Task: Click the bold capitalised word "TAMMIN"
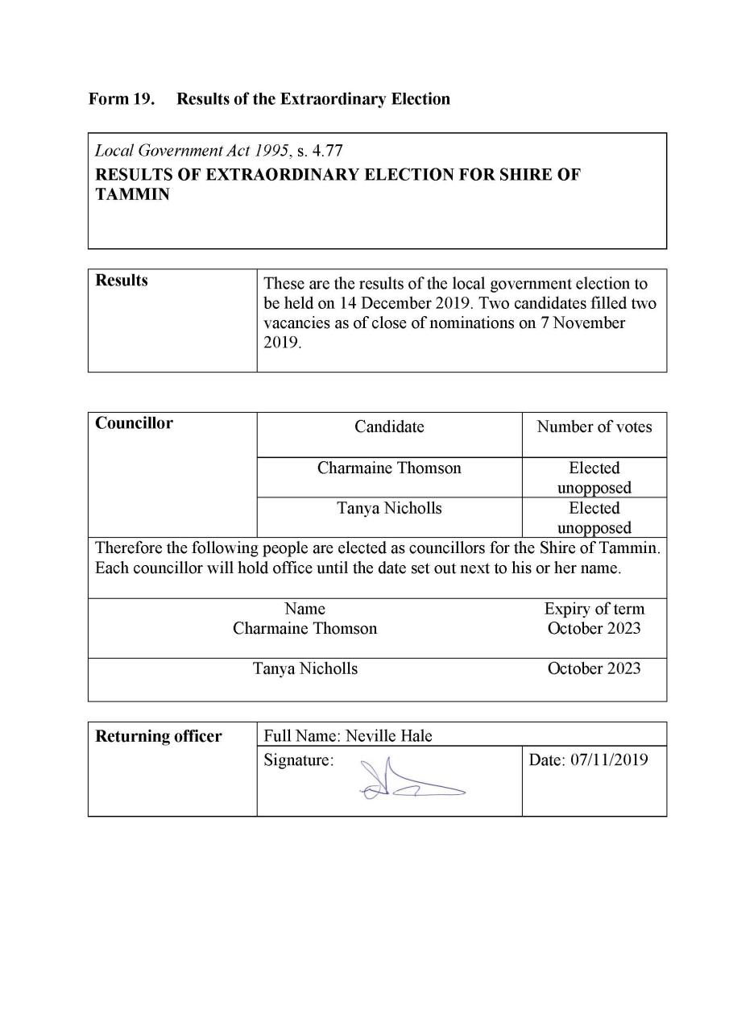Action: click(x=132, y=194)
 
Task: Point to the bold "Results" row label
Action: click(x=122, y=281)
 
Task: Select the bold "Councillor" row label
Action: click(x=134, y=423)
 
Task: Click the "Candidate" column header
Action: click(x=389, y=427)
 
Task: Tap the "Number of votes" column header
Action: click(x=594, y=427)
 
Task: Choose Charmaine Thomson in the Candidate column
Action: click(x=389, y=468)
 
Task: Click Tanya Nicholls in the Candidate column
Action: click(x=389, y=509)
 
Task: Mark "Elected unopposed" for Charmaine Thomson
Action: click(x=594, y=477)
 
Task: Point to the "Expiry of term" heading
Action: click(x=594, y=609)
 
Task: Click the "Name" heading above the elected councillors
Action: click(x=305, y=609)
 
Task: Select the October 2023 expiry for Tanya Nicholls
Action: click(x=594, y=668)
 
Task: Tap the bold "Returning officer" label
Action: click(x=159, y=736)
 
